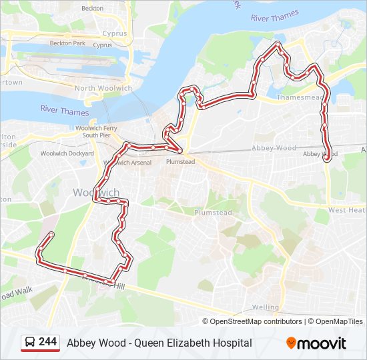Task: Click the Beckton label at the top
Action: tap(92, 8)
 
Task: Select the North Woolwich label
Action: tap(103, 88)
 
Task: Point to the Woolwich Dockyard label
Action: tap(67, 153)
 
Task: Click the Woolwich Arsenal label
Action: tap(127, 162)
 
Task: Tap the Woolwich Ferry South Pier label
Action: tap(96, 131)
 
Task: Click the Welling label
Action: tap(265, 307)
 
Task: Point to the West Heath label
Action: tap(347, 210)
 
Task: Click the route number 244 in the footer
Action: tap(47, 342)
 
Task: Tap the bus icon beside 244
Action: tap(30, 342)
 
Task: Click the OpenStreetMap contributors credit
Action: tap(256, 321)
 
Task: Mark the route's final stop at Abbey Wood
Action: tap(326, 159)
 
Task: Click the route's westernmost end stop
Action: tap(51, 234)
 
